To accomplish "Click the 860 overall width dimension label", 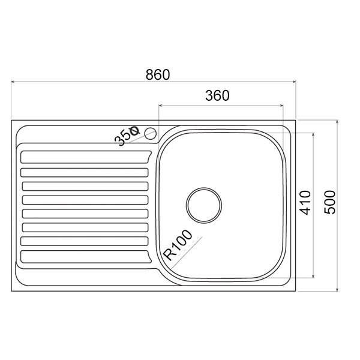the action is tap(158, 74).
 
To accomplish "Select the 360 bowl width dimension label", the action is tap(217, 95).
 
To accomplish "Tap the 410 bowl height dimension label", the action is tap(305, 203).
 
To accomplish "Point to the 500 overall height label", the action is tap(329, 202).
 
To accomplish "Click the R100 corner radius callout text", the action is tap(178, 245).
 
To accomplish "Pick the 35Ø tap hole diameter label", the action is tap(127, 136).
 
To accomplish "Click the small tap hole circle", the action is tap(151, 134).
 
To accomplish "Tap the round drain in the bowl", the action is tap(204, 205).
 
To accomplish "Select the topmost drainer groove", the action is tap(86, 157).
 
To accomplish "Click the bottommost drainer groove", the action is tap(86, 257).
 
